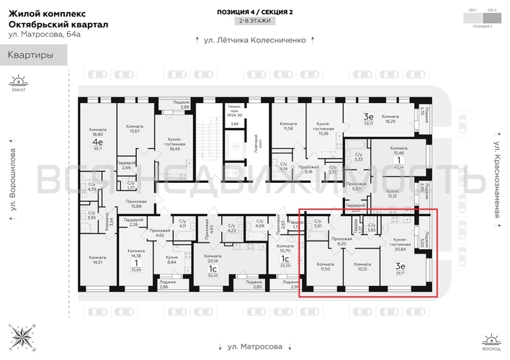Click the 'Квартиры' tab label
(x=30, y=55)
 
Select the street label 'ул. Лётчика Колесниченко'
(x=255, y=40)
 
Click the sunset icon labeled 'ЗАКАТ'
(x=17, y=84)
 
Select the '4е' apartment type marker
(x=97, y=142)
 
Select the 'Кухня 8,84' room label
(x=171, y=259)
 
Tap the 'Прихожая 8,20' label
(x=341, y=241)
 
